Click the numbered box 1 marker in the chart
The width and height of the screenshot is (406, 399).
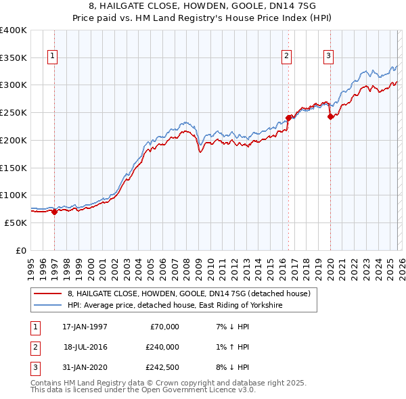[52, 56]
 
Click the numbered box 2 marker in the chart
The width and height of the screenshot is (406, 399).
[287, 56]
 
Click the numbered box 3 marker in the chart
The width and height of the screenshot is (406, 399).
[328, 56]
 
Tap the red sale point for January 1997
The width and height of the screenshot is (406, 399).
[55, 212]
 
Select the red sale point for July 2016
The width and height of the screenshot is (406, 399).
[289, 118]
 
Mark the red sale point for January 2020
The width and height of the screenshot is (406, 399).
[331, 116]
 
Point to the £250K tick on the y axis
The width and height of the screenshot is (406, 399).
[14, 112]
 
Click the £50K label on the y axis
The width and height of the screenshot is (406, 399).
[16, 222]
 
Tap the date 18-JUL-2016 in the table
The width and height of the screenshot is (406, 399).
[85, 347]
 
